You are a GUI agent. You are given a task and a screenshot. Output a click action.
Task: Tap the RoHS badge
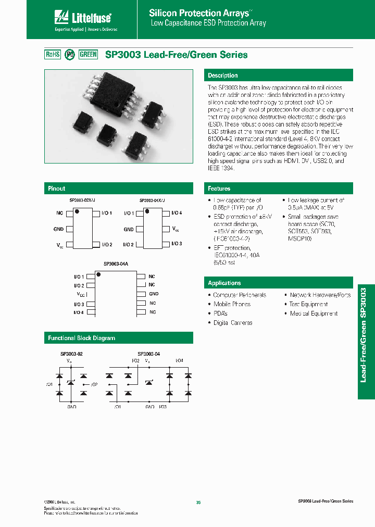[53, 54]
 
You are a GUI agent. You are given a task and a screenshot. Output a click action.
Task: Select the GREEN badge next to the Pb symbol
[88, 54]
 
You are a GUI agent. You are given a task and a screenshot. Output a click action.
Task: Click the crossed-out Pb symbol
[70, 54]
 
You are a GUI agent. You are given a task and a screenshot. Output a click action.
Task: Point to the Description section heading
[223, 76]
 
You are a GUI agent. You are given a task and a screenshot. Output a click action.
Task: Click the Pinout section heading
[57, 189]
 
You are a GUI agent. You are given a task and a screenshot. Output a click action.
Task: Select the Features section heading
[219, 189]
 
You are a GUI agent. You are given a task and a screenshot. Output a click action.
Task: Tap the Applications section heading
[224, 283]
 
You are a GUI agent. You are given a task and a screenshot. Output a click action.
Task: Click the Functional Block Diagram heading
[82, 338]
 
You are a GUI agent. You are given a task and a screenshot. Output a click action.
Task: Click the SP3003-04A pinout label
[116, 265]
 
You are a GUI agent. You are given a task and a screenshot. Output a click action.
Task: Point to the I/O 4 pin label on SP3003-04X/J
[177, 213]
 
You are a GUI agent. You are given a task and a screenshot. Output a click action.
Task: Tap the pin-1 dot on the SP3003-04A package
[98, 274]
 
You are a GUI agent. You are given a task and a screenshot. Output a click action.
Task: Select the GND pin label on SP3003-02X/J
[58, 229]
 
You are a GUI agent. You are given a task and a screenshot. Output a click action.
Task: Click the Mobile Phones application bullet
[232, 304]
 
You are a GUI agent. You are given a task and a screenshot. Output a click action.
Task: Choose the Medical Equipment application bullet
[314, 313]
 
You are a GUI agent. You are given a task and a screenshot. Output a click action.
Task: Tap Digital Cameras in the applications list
[233, 323]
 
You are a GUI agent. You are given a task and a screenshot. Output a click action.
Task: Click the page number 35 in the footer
[198, 503]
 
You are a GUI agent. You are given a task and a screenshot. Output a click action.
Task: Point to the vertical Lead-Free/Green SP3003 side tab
[366, 342]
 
